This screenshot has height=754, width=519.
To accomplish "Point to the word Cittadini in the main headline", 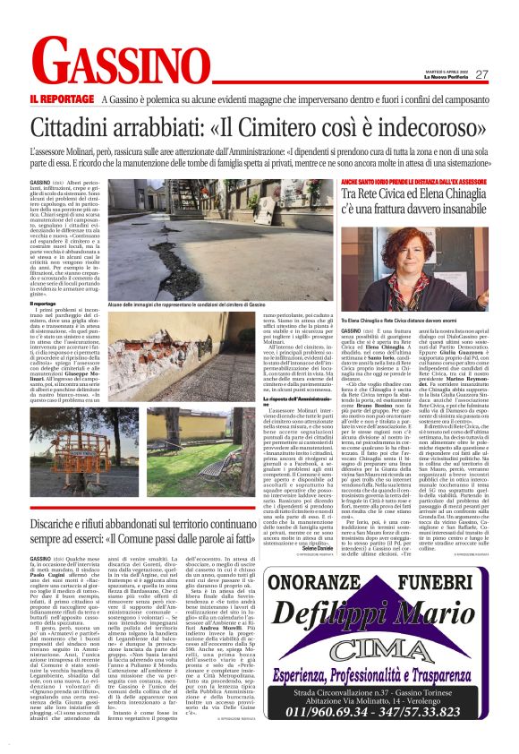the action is tap(79, 128).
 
